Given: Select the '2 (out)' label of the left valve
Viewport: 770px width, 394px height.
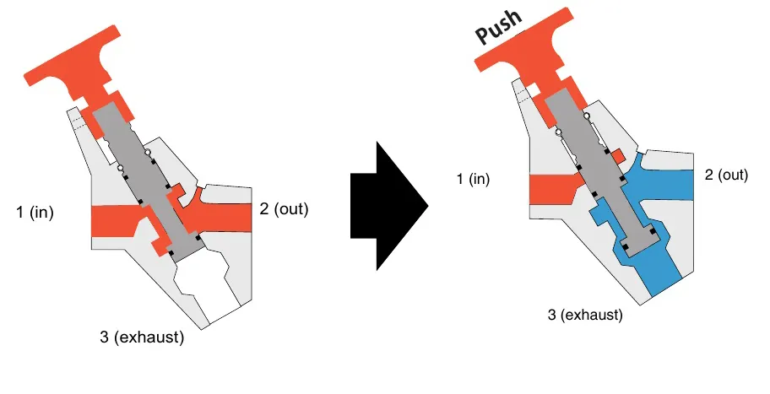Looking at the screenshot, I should (x=284, y=209).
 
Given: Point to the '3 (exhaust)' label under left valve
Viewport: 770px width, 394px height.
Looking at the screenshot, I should (x=141, y=338).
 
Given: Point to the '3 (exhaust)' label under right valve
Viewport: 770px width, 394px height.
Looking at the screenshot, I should (x=585, y=316).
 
